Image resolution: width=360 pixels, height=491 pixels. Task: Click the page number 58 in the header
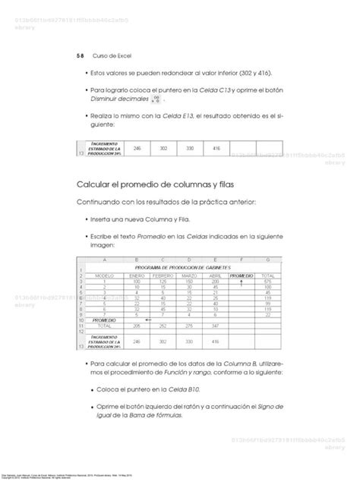coord(81,55)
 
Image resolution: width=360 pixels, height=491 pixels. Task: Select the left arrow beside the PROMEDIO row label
coord(149,319)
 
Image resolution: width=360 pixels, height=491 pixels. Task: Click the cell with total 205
coord(137,325)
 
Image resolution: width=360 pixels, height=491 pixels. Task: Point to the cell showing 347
coord(216,325)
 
